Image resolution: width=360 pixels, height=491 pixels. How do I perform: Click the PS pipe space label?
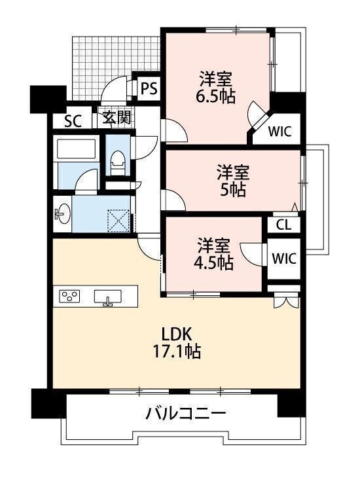tap(149, 88)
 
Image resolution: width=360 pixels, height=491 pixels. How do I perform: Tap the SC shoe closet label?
tap(73, 121)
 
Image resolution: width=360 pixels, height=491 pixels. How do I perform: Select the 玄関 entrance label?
tap(117, 118)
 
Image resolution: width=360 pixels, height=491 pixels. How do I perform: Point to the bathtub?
tap(75, 149)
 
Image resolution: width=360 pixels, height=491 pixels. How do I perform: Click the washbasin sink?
tap(63, 214)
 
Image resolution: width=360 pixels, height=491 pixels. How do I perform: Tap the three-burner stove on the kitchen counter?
tap(69, 296)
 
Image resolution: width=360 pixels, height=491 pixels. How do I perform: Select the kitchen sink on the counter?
tap(108, 297)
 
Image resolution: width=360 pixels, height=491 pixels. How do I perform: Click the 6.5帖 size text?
tap(215, 97)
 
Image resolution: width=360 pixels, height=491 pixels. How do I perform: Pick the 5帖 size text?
tap(232, 189)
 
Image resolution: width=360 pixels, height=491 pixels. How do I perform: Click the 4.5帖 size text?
tap(213, 263)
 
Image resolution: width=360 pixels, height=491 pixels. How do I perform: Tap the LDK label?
tap(176, 335)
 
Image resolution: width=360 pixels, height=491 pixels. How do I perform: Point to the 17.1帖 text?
tap(176, 352)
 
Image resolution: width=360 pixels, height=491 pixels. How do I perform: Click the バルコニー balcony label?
tap(186, 414)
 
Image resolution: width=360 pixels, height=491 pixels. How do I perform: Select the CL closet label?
tap(283, 225)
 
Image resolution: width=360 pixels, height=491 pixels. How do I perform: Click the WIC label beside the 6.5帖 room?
tap(280, 132)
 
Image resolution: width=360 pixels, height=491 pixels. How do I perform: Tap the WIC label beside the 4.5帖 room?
tap(283, 259)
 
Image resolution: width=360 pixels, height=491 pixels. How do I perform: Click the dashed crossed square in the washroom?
tap(118, 221)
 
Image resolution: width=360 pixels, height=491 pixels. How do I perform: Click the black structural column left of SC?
tap(48, 99)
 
